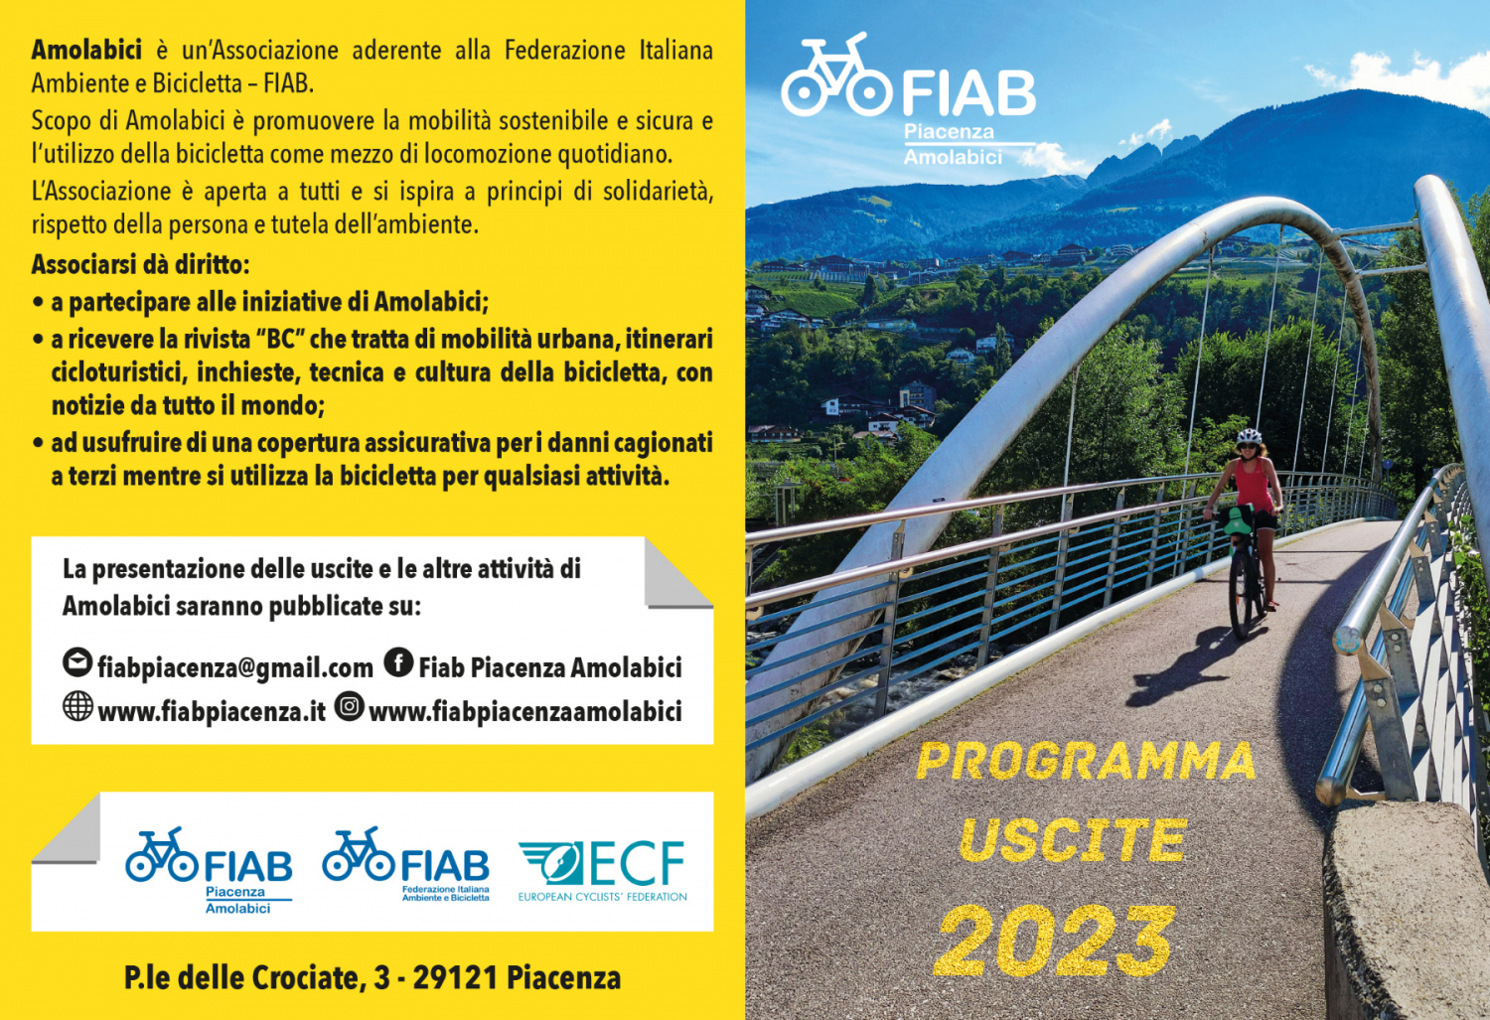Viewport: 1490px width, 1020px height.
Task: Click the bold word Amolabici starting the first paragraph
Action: point(86,50)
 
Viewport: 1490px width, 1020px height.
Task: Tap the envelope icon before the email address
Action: point(77,662)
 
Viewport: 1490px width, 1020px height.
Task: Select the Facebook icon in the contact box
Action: point(398,662)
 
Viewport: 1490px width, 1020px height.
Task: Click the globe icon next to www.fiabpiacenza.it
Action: point(77,706)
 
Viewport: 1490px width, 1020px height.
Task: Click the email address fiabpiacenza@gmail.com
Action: point(235,667)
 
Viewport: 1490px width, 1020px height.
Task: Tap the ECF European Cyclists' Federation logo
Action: point(603,870)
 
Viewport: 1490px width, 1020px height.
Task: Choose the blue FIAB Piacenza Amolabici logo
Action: point(209,870)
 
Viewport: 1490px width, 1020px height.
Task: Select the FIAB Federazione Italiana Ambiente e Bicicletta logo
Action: point(405,864)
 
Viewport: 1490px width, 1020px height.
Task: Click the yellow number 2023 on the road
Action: point(1053,941)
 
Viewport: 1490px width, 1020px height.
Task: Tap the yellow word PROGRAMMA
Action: point(1085,762)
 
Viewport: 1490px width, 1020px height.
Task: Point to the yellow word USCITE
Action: point(1073,840)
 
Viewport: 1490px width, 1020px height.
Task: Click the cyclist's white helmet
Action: point(1249,437)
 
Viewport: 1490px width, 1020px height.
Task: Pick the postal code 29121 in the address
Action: point(456,977)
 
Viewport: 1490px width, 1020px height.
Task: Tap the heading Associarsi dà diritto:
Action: point(140,264)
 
